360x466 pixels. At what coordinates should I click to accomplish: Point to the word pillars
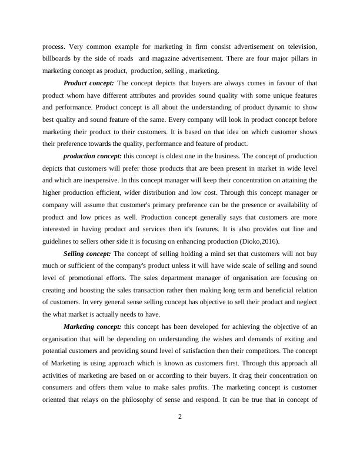click(298, 59)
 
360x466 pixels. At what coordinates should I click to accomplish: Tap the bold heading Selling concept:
click(87, 253)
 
